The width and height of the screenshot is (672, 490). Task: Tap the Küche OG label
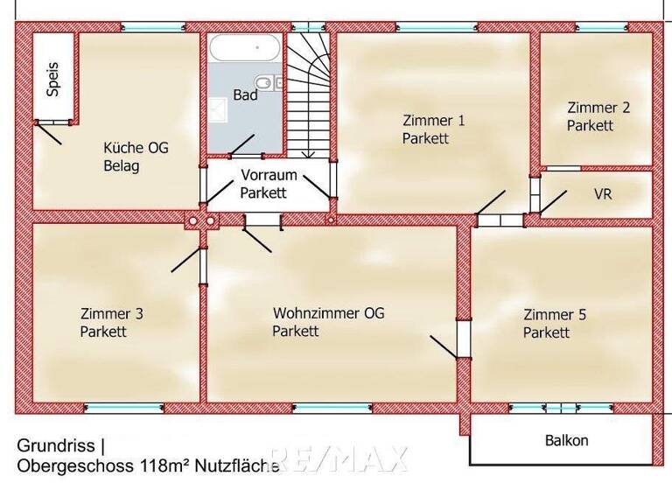click(135, 148)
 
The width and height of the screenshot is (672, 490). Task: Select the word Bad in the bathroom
click(245, 94)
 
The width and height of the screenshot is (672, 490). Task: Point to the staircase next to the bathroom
click(310, 96)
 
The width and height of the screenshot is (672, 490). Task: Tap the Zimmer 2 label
click(598, 108)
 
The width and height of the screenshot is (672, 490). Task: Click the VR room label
click(602, 193)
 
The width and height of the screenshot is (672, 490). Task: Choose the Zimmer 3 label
click(111, 314)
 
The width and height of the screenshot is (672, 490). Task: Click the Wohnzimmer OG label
click(328, 313)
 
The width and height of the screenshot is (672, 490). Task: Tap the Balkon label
click(566, 441)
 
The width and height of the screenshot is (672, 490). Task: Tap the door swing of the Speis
click(49, 133)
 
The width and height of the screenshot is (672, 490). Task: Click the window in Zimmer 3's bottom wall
click(123, 407)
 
